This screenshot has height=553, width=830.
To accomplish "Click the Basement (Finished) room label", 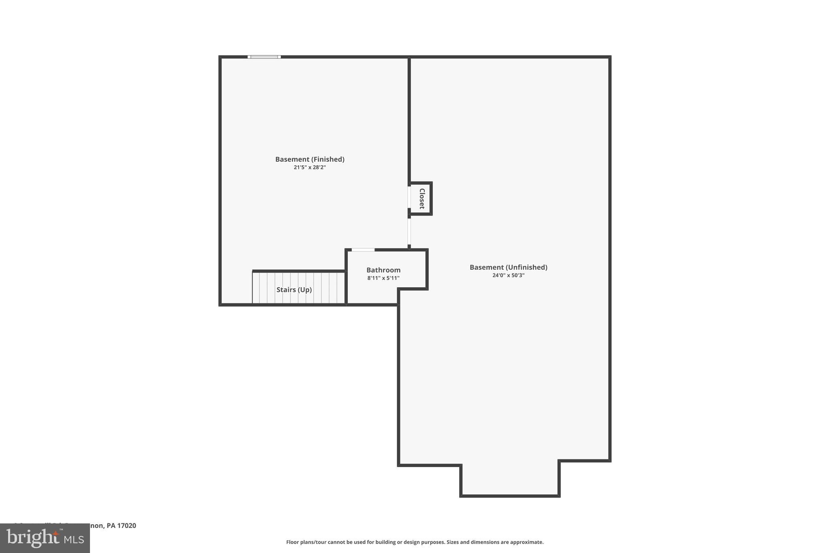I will [310, 159].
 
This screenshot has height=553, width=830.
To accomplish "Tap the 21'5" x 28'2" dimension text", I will [310, 167].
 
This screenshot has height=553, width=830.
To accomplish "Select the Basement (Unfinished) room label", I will [508, 267].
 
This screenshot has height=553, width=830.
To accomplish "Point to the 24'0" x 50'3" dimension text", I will [508, 275].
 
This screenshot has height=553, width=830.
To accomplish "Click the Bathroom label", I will [383, 270].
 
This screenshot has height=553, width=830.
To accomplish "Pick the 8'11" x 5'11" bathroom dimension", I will [383, 278].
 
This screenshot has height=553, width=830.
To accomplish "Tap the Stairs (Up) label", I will [294, 290].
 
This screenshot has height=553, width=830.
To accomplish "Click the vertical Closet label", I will [421, 199].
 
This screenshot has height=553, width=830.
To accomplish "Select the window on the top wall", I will [264, 57].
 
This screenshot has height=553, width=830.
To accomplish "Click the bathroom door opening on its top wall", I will [363, 250].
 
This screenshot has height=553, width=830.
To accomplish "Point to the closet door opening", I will [409, 197].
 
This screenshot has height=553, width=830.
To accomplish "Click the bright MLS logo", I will [45, 538].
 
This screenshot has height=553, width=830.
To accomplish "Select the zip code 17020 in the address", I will [127, 525].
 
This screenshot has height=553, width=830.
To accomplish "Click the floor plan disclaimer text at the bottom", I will [415, 542].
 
